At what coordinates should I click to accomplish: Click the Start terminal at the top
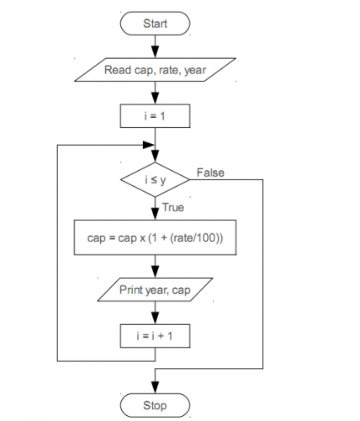pos(154,24)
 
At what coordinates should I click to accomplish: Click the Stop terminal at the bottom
pos(154,406)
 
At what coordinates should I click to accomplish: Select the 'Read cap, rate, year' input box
pos(154,70)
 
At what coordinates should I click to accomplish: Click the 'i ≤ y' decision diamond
pos(154,179)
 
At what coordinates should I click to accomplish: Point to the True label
pos(173,207)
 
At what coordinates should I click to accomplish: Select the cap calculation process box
pos(155,238)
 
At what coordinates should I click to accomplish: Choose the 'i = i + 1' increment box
pos(154,335)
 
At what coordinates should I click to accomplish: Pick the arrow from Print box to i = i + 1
pos(155,313)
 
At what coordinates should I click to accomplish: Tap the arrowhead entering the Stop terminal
pos(155,388)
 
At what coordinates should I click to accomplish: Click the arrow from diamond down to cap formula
pos(155,210)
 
